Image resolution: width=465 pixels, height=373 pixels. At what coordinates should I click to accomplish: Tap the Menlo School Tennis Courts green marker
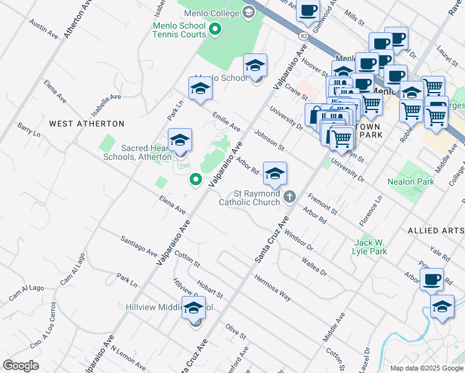(216, 29)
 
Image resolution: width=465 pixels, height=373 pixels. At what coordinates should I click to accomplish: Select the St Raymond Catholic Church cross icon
(289, 198)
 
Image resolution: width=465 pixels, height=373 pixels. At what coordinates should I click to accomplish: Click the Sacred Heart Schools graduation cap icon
(180, 140)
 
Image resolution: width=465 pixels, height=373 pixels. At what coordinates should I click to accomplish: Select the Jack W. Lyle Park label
(371, 247)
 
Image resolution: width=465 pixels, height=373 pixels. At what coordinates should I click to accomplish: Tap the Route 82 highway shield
(302, 37)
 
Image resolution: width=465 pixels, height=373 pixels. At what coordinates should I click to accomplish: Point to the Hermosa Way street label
(272, 287)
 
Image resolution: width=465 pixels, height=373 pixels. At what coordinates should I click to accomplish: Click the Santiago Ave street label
(139, 246)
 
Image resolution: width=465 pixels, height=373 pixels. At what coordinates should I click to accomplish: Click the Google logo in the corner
(21, 366)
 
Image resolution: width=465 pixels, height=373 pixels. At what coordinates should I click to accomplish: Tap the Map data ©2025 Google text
(426, 368)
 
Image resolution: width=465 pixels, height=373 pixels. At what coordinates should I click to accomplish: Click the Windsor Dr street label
(298, 239)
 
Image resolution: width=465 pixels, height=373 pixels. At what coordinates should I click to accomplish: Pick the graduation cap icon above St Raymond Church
(275, 174)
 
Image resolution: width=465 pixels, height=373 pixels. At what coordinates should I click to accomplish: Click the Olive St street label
(236, 331)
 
